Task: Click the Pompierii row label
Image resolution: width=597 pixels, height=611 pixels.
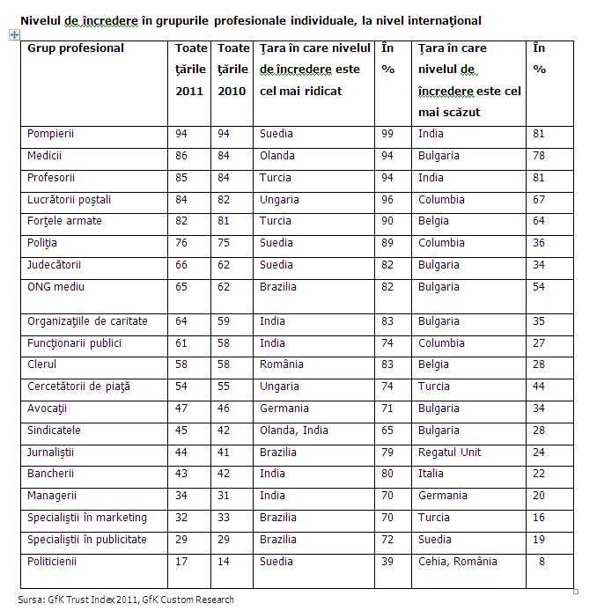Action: (x=51, y=134)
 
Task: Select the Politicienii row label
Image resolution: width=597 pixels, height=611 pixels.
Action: (x=52, y=561)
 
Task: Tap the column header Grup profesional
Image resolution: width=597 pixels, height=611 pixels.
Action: (x=76, y=48)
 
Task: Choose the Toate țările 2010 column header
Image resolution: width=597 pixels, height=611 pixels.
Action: (x=233, y=69)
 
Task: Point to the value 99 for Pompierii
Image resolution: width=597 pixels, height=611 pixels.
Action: (x=388, y=134)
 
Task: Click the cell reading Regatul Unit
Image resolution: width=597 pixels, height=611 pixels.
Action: (x=450, y=452)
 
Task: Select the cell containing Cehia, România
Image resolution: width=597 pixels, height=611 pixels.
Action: (x=458, y=561)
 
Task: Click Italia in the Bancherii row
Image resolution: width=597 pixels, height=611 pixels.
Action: (x=430, y=474)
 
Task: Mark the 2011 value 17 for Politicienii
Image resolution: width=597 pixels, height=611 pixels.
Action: (x=182, y=561)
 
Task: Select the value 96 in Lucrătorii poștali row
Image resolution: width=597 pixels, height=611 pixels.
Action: (x=388, y=200)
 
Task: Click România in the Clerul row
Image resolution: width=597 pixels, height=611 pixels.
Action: (x=282, y=364)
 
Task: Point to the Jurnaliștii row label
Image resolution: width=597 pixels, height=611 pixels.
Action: (x=51, y=452)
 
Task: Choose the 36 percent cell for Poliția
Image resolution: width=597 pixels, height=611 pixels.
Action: (x=540, y=243)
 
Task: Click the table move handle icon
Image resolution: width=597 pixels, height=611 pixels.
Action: (x=13, y=34)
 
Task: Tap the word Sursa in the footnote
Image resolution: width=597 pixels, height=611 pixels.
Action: (x=32, y=600)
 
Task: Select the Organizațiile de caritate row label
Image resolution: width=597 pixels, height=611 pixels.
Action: (x=87, y=321)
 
